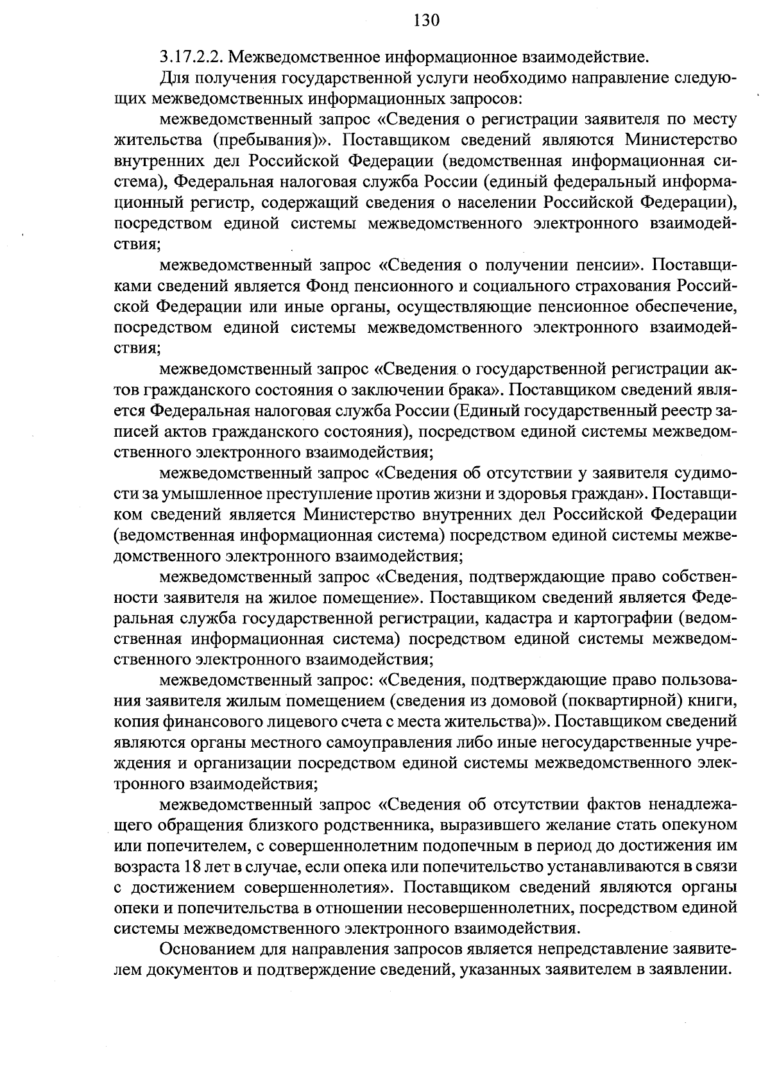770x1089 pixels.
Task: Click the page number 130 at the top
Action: (x=427, y=21)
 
